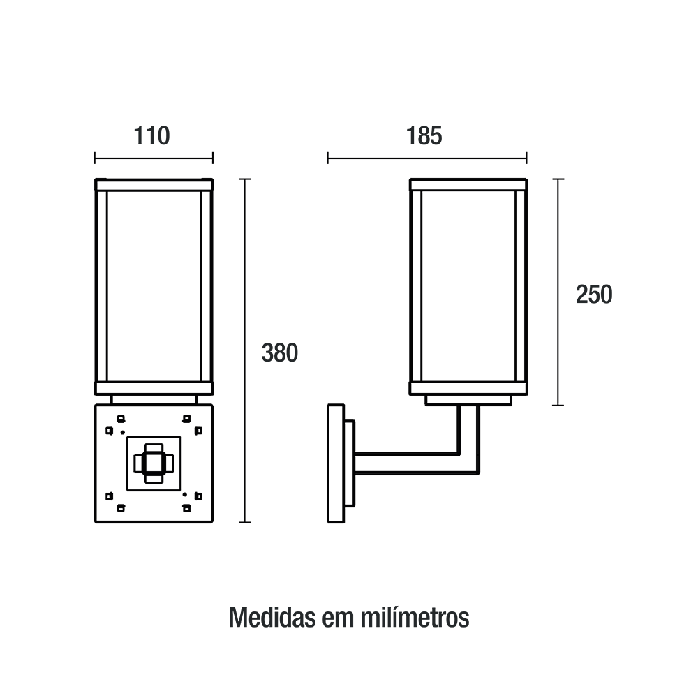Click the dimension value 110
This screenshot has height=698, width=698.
pyautogui.click(x=151, y=136)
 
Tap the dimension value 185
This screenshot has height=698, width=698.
pyautogui.click(x=424, y=136)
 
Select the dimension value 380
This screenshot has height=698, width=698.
pyautogui.click(x=280, y=353)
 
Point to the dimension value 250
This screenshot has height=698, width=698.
pyautogui.click(x=594, y=295)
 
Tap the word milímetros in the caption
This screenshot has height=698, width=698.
pyautogui.click(x=415, y=617)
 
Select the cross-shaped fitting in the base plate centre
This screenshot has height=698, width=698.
pyautogui.click(x=154, y=463)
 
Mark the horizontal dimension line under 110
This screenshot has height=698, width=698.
pyautogui.click(x=154, y=158)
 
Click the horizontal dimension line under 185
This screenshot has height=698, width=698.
pyautogui.click(x=427, y=158)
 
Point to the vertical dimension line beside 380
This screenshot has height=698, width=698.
pyautogui.click(x=245, y=351)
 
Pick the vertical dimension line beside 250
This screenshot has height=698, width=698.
pyautogui.click(x=558, y=292)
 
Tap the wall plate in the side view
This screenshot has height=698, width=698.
pyautogui.click(x=336, y=463)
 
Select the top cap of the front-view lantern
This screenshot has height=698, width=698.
pyautogui.click(x=154, y=185)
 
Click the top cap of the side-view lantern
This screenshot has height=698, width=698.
pyautogui.click(x=469, y=185)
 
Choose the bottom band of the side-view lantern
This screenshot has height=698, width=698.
pyautogui.click(x=469, y=389)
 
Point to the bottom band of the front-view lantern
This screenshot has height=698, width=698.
pyautogui.click(x=154, y=389)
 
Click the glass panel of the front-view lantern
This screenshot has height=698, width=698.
pyautogui.click(x=154, y=286)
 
